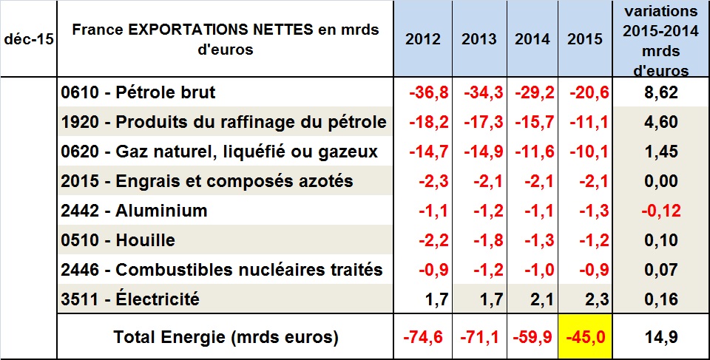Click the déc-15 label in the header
(28, 39)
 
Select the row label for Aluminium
(134, 211)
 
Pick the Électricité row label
(132, 299)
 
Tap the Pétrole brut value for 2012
(429, 93)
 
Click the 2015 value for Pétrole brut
(589, 93)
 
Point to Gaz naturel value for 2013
(483, 152)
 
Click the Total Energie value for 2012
(425, 337)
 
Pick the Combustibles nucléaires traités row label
(223, 270)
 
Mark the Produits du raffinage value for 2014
(535, 123)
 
